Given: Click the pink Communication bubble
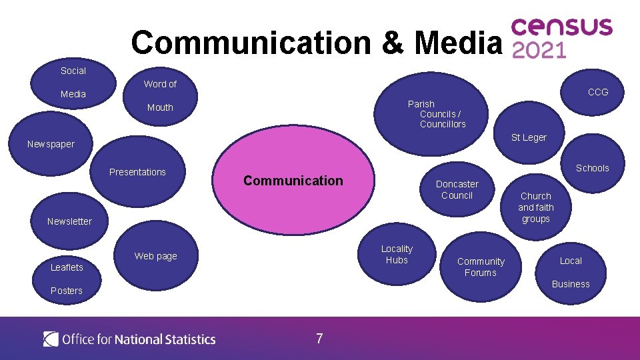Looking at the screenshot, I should [x=293, y=181].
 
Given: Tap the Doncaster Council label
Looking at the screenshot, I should [x=457, y=189].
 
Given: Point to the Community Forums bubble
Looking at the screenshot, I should [x=481, y=267].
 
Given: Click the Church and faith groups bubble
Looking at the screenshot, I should [x=535, y=207].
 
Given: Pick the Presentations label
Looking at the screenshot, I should [x=137, y=172].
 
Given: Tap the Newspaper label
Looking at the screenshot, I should [x=51, y=144].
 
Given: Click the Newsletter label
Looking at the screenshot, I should [x=69, y=221].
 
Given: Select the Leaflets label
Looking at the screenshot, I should [x=67, y=267].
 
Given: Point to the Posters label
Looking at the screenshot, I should [x=67, y=291].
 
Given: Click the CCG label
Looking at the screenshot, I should [x=597, y=92].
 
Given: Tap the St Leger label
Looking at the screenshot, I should [x=529, y=137].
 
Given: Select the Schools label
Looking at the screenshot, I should [x=592, y=168].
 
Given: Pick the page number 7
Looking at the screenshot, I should [x=319, y=339].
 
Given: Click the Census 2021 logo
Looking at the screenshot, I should [x=561, y=38].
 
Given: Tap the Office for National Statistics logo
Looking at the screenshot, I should [x=129, y=339].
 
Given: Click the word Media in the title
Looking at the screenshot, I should [x=457, y=42].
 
